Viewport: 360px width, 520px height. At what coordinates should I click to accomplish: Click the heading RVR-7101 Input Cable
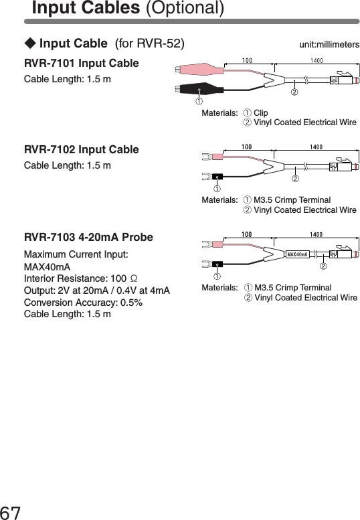pyautogui.click(x=82, y=64)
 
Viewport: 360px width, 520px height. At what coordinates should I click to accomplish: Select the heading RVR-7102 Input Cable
pyautogui.click(x=82, y=149)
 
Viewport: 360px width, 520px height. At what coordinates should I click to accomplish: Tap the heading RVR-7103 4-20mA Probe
pyautogui.click(x=88, y=238)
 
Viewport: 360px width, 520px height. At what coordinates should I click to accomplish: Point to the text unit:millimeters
pyautogui.click(x=329, y=45)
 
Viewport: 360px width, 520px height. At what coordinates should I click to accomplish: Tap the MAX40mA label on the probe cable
pyautogui.click(x=298, y=254)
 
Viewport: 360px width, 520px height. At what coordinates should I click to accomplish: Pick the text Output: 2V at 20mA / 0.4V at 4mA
pyautogui.click(x=96, y=290)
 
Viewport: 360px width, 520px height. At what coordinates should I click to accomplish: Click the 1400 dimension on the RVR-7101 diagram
pyautogui.click(x=317, y=61)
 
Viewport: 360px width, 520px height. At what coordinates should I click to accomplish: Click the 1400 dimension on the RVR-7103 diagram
pyautogui.click(x=317, y=235)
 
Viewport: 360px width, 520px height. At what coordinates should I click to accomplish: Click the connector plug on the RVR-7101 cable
pyautogui.click(x=345, y=80)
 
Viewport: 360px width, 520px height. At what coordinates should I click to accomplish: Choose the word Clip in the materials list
pyautogui.click(x=261, y=112)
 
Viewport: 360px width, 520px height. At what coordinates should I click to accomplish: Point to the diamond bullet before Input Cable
pyautogui.click(x=30, y=45)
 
